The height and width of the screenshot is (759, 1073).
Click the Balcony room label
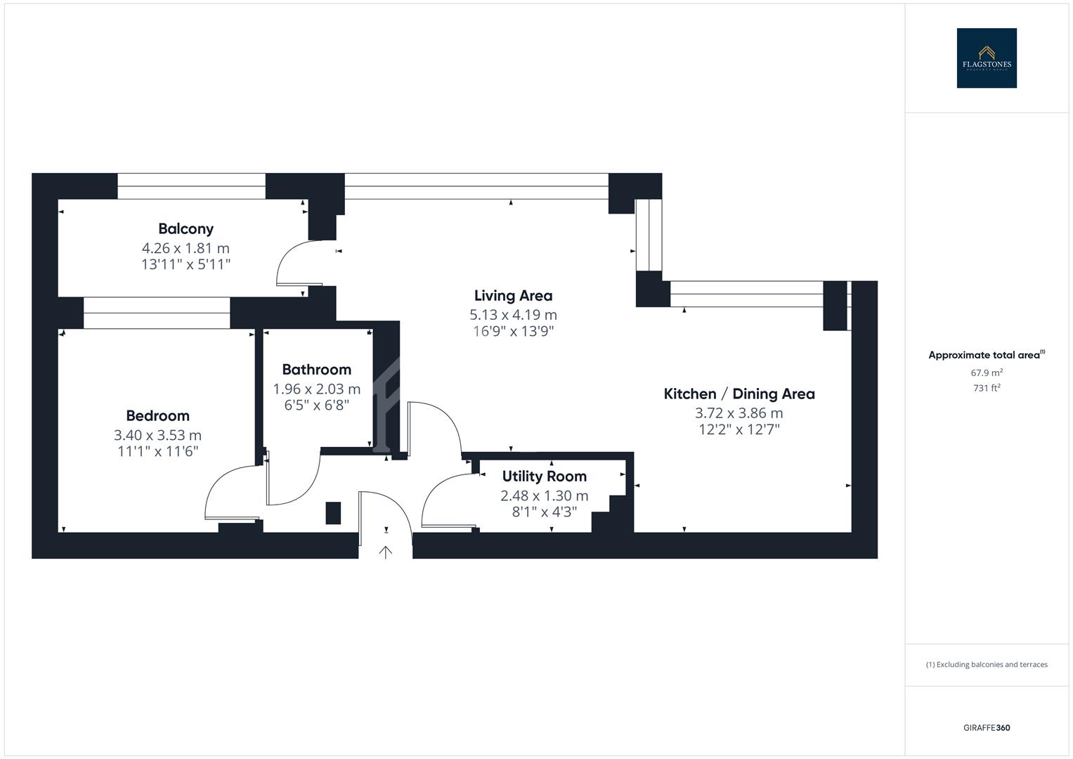click(x=186, y=228)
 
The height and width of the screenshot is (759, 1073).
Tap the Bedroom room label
click(x=157, y=415)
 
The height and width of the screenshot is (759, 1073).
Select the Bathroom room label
click(x=316, y=369)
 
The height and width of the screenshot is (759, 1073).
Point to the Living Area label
click(x=513, y=296)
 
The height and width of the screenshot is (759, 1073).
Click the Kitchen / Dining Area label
click(x=739, y=394)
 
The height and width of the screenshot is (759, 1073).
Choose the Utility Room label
click(x=544, y=476)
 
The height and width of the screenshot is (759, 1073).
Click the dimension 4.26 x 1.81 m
click(x=186, y=248)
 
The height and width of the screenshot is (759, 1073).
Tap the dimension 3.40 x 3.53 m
click(x=157, y=435)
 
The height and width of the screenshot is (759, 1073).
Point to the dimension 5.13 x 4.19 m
click(x=513, y=315)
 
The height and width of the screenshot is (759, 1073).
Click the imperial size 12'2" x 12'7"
click(x=739, y=429)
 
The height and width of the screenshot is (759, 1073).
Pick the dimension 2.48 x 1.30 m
click(x=544, y=495)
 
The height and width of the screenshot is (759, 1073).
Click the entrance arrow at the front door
click(x=385, y=552)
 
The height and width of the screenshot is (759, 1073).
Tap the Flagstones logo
click(x=986, y=58)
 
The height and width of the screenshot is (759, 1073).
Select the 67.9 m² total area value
click(x=986, y=373)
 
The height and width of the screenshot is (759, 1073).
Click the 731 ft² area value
click(x=986, y=388)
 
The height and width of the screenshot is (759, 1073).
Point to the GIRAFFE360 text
click(x=986, y=727)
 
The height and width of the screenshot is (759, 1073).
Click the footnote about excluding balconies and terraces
click(x=986, y=664)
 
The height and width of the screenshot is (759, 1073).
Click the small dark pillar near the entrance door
click(x=333, y=512)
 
